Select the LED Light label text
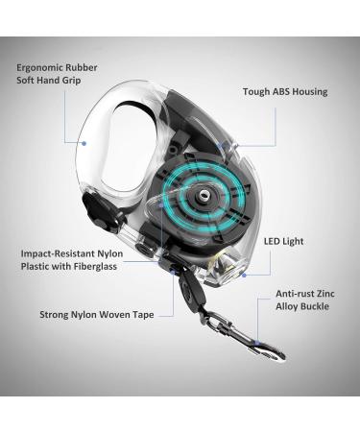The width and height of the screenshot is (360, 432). coord(283,241)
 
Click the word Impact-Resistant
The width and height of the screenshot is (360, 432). coord(58,253)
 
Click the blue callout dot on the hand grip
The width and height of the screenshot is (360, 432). coord(84,143)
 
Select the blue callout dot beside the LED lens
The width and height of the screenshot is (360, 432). coord(244,275)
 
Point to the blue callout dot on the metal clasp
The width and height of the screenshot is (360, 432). coord(257,343)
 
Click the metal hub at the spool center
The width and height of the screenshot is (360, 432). coord(203,194)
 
